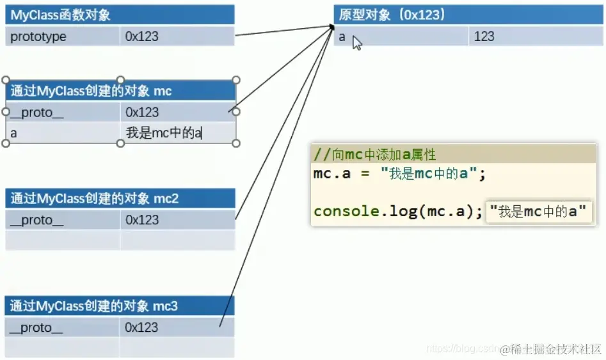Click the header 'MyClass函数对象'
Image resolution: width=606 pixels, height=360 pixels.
(61, 15)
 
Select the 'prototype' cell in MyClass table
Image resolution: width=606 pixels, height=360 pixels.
(38, 36)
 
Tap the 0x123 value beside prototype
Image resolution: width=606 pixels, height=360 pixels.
(142, 36)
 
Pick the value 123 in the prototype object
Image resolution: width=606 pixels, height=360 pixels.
(484, 36)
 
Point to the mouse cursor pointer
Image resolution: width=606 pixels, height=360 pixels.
(356, 43)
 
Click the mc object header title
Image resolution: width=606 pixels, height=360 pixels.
(91, 91)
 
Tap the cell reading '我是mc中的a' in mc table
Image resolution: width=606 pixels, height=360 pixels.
(164, 133)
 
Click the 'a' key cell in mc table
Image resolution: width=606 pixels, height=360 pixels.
(14, 133)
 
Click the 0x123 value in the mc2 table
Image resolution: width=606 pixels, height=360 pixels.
(142, 219)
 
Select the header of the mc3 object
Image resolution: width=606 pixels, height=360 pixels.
(93, 306)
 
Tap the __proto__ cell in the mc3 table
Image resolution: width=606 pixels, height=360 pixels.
(38, 327)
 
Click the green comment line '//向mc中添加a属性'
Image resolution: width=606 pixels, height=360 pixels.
(375, 155)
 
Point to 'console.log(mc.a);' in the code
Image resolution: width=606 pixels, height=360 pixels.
(397, 211)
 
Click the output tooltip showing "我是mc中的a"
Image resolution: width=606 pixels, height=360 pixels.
(538, 212)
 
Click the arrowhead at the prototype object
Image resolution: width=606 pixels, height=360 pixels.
(332, 27)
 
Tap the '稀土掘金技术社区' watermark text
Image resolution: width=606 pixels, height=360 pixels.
(552, 348)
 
